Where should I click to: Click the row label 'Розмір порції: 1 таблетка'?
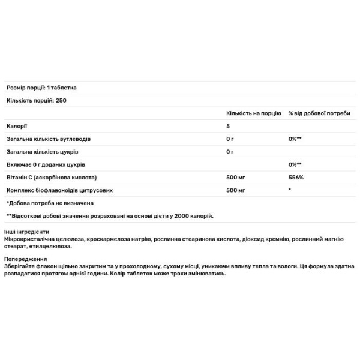click(x=41, y=88)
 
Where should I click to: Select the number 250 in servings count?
click(x=60, y=100)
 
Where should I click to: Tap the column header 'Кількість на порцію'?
click(x=253, y=113)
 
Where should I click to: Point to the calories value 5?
click(x=228, y=126)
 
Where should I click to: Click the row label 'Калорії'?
click(x=17, y=126)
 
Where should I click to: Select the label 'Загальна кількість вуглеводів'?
click(x=49, y=139)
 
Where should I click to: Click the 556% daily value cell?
click(x=296, y=178)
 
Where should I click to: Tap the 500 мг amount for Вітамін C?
click(x=236, y=178)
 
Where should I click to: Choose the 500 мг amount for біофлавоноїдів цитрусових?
click(x=236, y=190)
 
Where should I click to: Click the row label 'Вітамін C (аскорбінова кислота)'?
click(x=52, y=178)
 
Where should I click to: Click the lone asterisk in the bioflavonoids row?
click(x=290, y=190)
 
